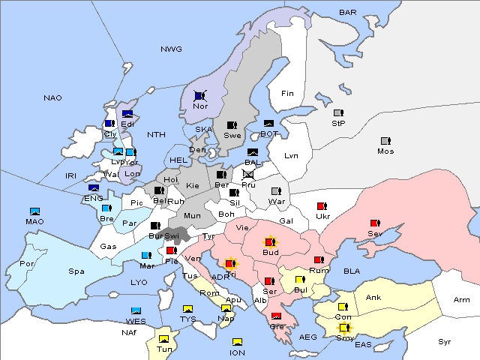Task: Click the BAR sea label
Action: pyautogui.click(x=348, y=12)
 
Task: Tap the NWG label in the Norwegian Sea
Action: pyautogui.click(x=171, y=49)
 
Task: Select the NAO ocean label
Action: pyautogui.click(x=53, y=97)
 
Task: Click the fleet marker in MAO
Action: pyautogui.click(x=34, y=212)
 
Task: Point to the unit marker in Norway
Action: pyautogui.click(x=200, y=96)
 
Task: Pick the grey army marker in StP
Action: pyautogui.click(x=338, y=113)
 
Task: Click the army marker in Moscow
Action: pyautogui.click(x=385, y=141)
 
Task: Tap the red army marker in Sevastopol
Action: pyautogui.click(x=375, y=223)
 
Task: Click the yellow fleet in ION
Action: pyautogui.click(x=237, y=343)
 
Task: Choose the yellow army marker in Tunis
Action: pyautogui.click(x=163, y=339)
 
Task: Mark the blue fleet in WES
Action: pyautogui.click(x=136, y=311)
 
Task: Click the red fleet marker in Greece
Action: pyautogui.click(x=276, y=316)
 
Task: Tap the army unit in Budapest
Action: pyautogui.click(x=270, y=242)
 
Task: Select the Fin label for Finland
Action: pyautogui.click(x=287, y=94)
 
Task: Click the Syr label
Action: pyautogui.click(x=445, y=341)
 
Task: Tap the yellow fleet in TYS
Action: pyautogui.click(x=188, y=308)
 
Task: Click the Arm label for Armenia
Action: pyautogui.click(x=462, y=300)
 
